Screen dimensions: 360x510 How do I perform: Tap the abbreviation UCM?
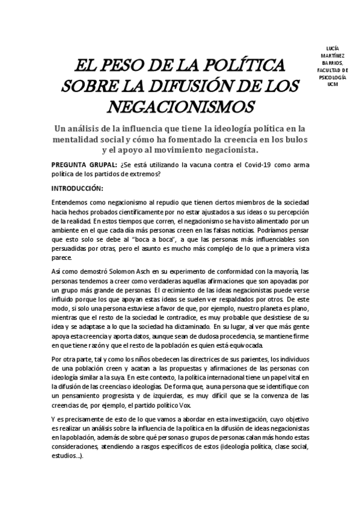click(332, 85)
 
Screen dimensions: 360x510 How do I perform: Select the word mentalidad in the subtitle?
click(82, 139)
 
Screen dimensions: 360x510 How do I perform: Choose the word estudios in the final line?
click(68, 455)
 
